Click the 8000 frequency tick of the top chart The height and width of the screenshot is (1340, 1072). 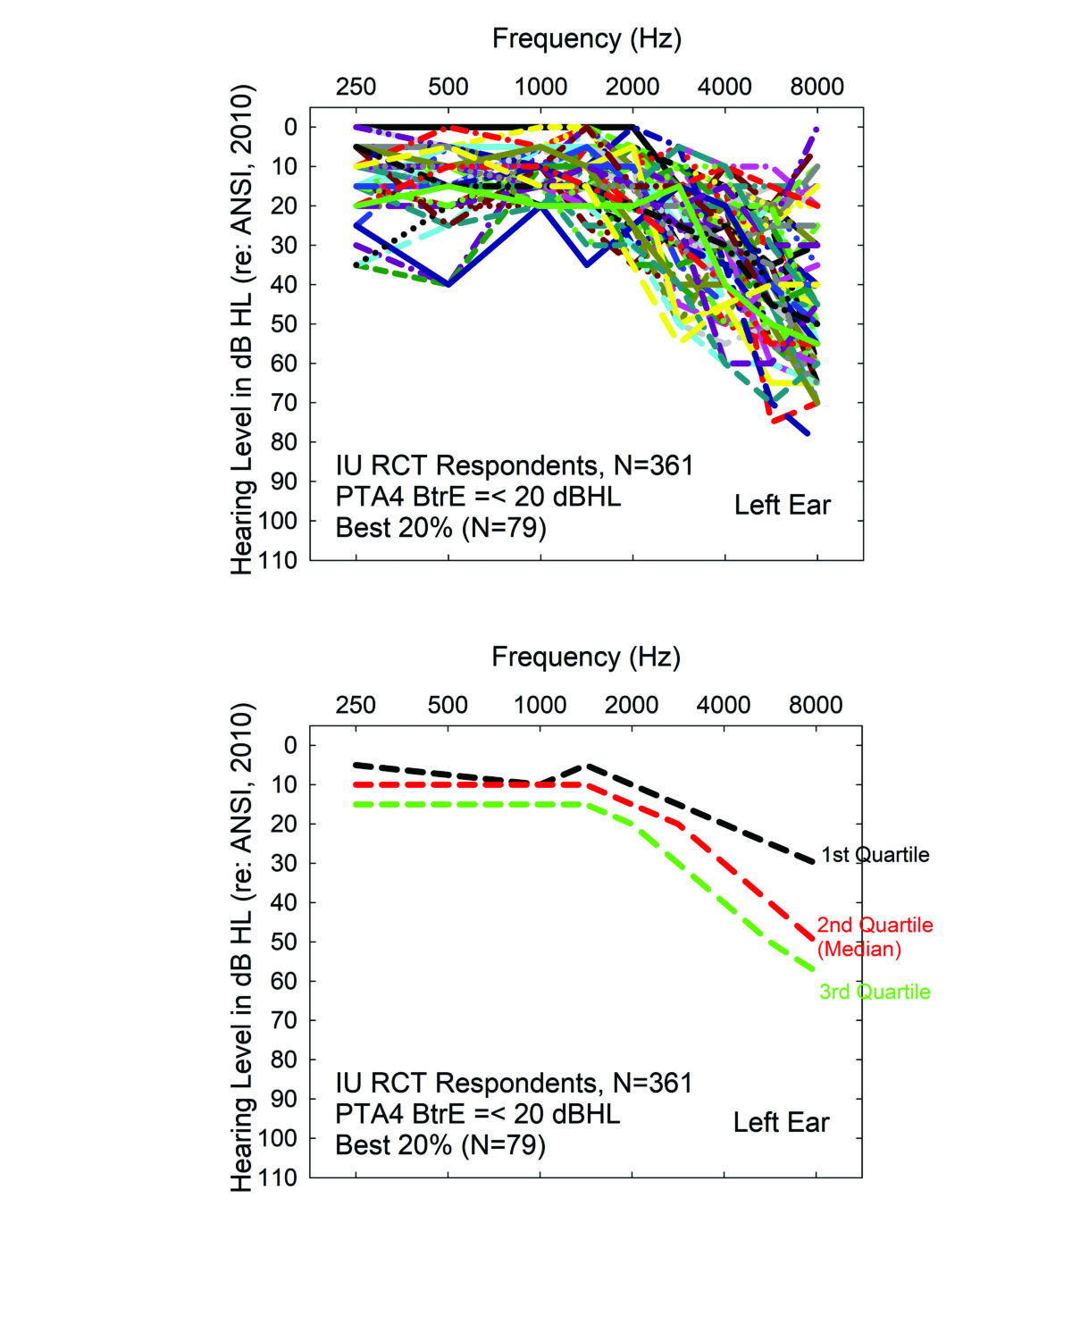(817, 87)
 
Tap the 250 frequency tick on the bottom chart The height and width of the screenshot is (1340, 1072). (356, 705)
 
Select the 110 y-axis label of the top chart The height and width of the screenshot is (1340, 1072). (278, 560)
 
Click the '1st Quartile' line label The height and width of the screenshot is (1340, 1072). (875, 855)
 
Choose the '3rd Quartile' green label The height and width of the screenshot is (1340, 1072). (875, 992)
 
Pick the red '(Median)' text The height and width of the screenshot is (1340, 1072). (858, 949)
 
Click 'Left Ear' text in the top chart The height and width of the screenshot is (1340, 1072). (782, 506)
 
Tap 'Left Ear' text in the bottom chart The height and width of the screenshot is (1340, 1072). (781, 1123)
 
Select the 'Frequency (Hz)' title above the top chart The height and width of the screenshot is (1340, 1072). (587, 38)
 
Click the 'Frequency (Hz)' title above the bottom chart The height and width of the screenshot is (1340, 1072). (586, 657)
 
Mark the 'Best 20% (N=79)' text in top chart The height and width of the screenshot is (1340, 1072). (440, 527)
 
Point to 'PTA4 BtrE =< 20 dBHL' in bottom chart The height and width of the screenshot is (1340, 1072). (477, 1114)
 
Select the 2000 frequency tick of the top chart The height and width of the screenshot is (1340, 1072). (632, 87)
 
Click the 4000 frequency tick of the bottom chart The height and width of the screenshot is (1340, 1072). (724, 705)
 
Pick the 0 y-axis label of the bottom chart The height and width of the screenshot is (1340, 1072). (290, 745)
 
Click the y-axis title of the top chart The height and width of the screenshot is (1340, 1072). (243, 331)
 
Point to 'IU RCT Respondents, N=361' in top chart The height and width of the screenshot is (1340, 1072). (514, 465)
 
